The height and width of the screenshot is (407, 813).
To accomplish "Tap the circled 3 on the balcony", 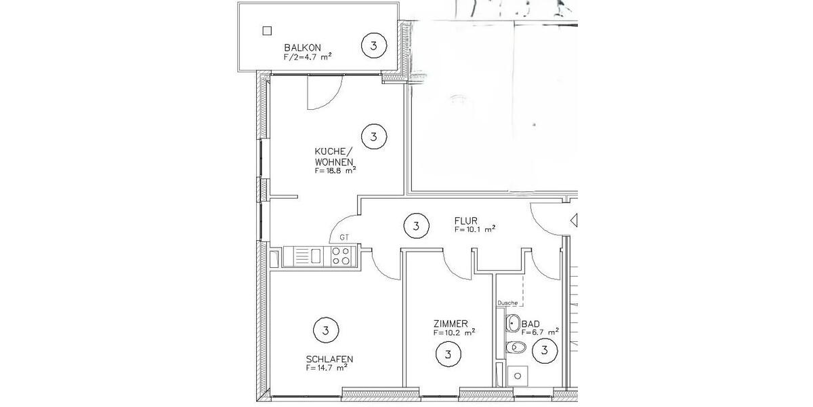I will tap(374, 46).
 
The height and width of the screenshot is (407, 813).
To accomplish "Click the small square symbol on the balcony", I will tap(267, 31).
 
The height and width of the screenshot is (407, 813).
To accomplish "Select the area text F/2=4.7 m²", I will tap(308, 58).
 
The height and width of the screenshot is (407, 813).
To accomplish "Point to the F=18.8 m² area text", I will tap(335, 172).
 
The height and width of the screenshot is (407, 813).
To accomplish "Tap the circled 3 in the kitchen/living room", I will tap(374, 137).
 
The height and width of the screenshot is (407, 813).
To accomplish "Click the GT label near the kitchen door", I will tap(344, 237).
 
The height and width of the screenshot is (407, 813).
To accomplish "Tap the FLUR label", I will tap(467, 220).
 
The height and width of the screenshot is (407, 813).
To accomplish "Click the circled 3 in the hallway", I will tap(416, 226).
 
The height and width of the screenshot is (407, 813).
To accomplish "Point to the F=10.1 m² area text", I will tap(475, 229).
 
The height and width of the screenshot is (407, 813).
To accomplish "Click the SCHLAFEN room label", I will tap(330, 359).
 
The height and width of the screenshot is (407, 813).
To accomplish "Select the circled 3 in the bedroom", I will tap(326, 331).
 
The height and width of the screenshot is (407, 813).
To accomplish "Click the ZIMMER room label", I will tap(451, 324).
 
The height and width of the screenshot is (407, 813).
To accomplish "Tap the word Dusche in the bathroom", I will tap(507, 303).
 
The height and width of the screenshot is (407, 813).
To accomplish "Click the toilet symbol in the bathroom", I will tap(517, 348).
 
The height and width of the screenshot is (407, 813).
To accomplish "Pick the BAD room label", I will tap(530, 324).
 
